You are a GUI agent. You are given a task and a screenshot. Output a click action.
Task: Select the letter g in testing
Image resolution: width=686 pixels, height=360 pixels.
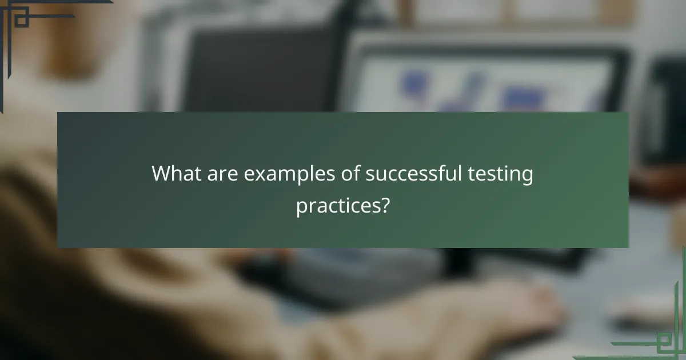tap(528, 177)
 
